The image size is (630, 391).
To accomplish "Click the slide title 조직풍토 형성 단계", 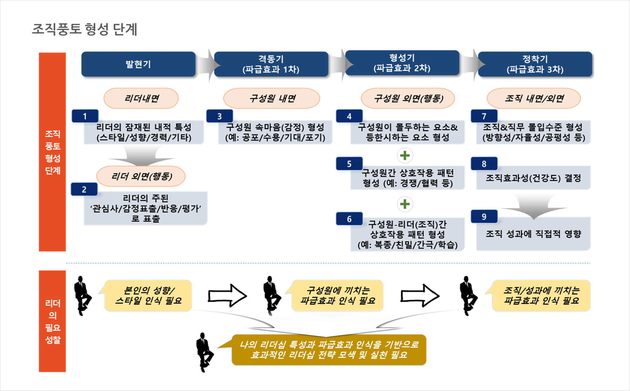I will coord(84,29).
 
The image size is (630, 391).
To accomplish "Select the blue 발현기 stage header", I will coord(138,64).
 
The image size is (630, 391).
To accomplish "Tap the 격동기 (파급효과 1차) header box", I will coord(271,64).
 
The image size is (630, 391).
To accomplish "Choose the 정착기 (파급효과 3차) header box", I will coord(535,64).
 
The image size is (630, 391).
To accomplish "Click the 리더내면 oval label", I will coord(141,98).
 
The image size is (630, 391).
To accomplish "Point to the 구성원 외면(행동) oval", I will coord(408,98).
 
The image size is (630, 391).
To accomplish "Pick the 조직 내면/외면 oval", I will coord(534,98).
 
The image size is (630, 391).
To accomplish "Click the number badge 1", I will coord(85,116).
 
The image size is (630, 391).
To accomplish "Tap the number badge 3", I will coord(219,116).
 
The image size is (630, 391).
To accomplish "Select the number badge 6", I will coord(349,219).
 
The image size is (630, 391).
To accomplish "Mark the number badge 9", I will coord(484,217).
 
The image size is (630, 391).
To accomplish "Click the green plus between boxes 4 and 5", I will coord(405,155).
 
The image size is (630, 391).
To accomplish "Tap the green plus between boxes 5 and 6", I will coord(405,204).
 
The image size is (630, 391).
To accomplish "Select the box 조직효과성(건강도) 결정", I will coord(533,178).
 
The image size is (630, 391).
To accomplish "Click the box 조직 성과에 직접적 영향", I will coord(533,234).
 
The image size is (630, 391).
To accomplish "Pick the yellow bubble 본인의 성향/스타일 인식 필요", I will coord(148,296).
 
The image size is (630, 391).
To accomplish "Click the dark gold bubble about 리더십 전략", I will coord(329,350).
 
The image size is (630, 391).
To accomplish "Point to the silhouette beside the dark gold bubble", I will coord(204,352).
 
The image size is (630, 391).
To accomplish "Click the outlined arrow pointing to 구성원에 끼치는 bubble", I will coord(227,296).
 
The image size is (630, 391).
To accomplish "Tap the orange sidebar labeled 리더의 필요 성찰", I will coord(52,321).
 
